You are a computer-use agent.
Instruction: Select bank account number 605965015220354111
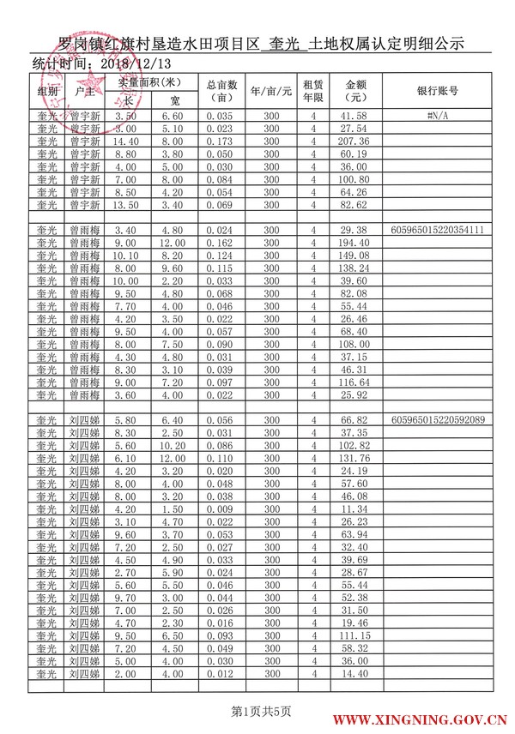(x=437, y=230)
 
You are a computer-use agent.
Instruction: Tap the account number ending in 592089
(x=437, y=420)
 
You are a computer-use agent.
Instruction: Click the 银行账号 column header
(x=437, y=90)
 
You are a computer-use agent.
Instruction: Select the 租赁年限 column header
(x=314, y=90)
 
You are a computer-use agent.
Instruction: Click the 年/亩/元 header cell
(x=272, y=90)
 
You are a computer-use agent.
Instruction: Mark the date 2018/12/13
(x=136, y=63)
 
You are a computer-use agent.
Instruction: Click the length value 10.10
(x=126, y=256)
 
